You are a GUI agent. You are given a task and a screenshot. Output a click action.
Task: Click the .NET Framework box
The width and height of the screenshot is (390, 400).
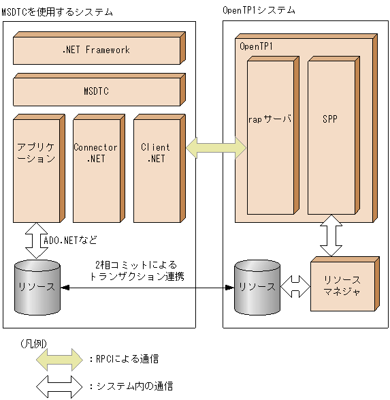[95, 50]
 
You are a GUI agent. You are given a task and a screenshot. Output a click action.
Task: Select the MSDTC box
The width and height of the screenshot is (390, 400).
[95, 91]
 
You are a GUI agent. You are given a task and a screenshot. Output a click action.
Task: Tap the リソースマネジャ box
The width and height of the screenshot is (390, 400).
[342, 286]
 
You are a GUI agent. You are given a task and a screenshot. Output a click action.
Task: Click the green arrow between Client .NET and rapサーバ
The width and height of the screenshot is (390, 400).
[216, 145]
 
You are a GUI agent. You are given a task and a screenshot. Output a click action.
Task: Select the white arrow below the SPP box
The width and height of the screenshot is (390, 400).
[331, 235]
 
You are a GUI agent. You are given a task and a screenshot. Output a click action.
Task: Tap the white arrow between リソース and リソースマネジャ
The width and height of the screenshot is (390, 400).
[294, 287]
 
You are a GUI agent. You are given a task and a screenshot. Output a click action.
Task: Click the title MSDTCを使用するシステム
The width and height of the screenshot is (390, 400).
[57, 12]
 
